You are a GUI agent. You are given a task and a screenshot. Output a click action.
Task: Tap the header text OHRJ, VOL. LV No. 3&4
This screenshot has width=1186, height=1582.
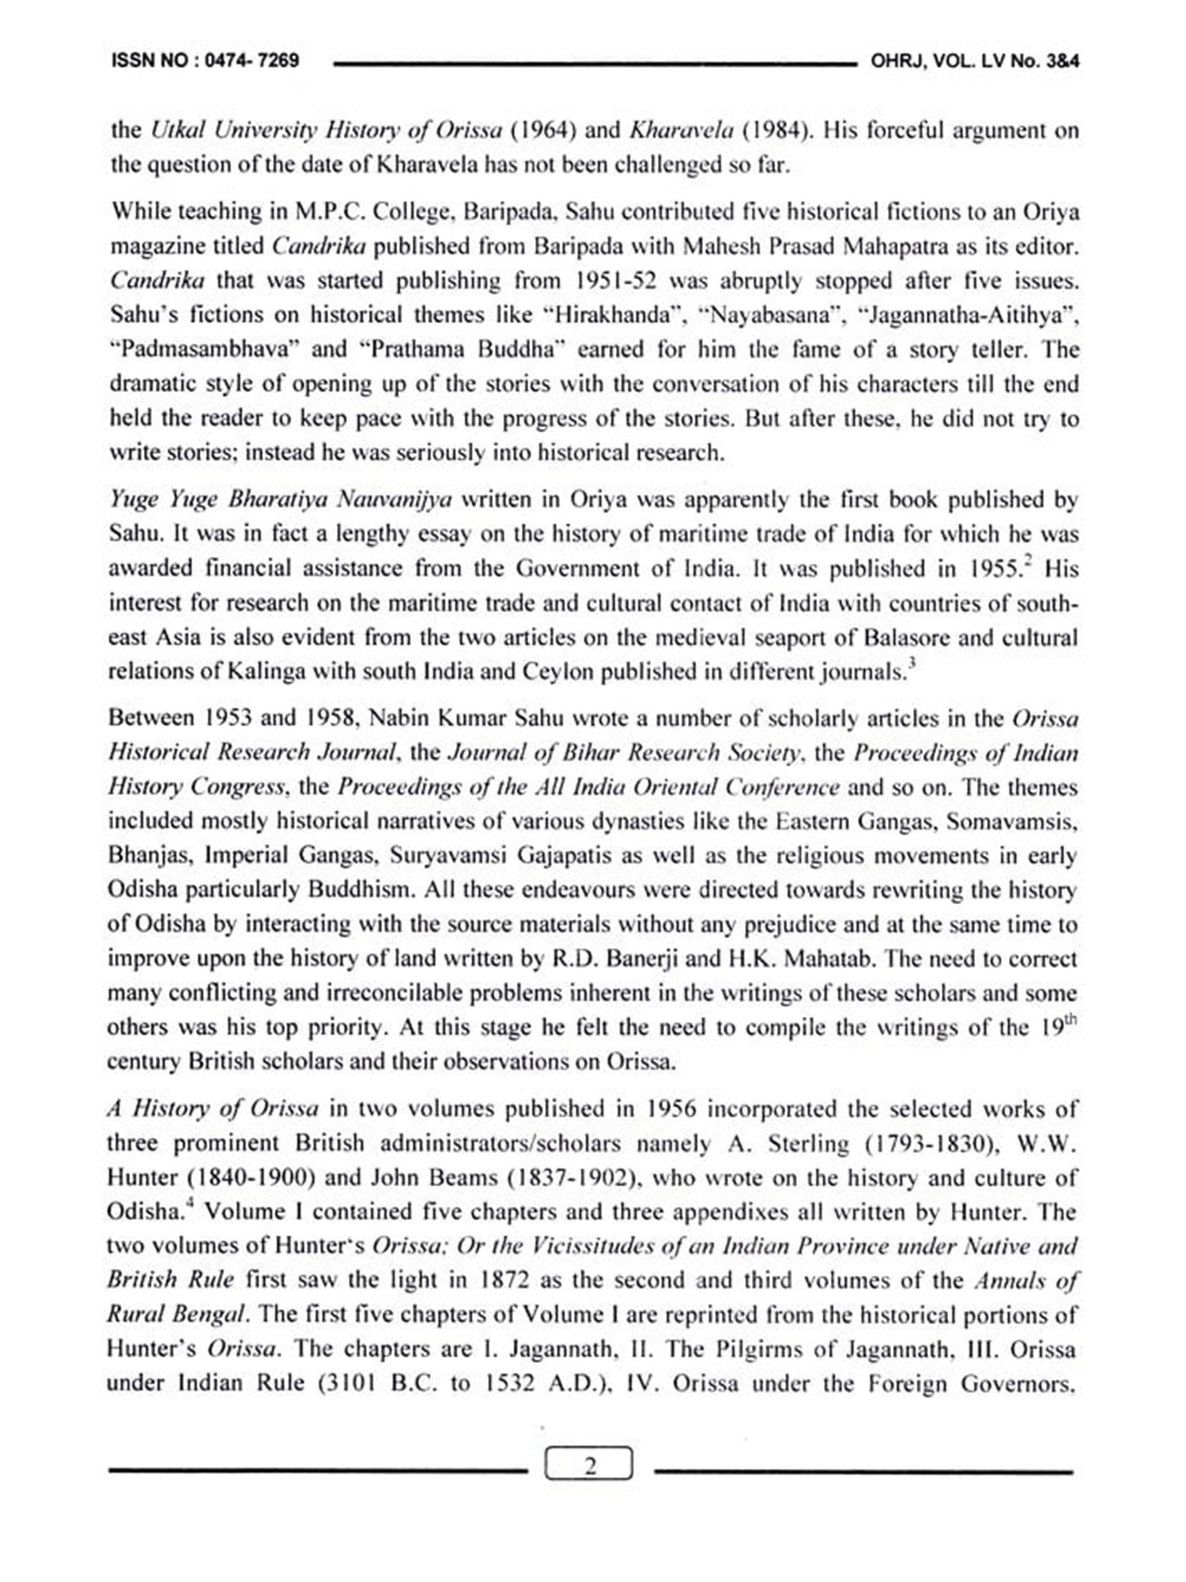[x=975, y=60]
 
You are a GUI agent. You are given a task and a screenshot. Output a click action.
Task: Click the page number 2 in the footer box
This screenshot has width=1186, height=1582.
[x=589, y=1467]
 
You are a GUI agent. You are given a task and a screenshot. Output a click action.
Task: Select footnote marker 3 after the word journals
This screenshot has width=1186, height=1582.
[x=912, y=665]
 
